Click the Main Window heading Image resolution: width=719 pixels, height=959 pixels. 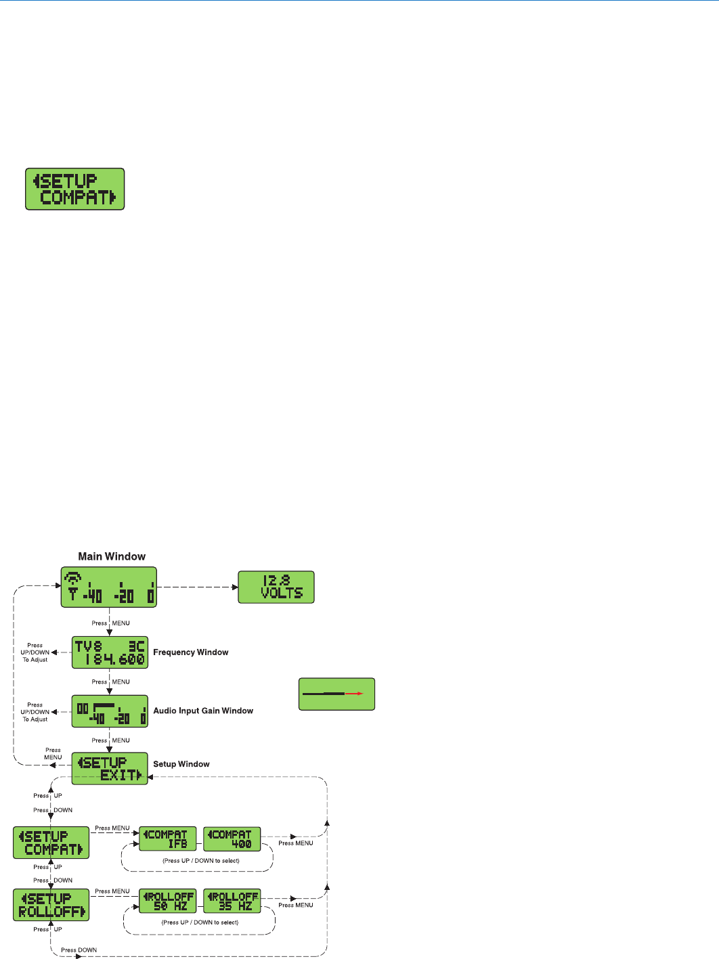click(112, 556)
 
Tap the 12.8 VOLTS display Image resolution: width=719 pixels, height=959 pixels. click(276, 587)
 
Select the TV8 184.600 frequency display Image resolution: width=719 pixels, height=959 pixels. click(110, 652)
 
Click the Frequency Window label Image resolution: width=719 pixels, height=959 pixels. click(190, 652)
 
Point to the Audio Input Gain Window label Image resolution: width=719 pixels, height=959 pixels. click(203, 711)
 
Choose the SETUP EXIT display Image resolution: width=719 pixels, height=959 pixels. click(110, 769)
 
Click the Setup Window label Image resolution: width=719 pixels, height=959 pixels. click(181, 764)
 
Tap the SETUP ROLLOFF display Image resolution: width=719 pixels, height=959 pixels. click(51, 905)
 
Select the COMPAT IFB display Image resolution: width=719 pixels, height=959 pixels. click(167, 839)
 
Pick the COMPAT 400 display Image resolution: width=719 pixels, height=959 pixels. click(232, 839)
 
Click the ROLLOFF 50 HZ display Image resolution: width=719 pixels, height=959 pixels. click(167, 901)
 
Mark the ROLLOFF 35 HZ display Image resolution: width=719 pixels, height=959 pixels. click(232, 901)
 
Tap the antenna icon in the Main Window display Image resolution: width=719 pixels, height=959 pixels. click(72, 585)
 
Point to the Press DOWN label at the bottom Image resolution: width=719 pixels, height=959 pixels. click(79, 950)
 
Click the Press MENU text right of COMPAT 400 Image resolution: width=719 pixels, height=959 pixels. click(296, 843)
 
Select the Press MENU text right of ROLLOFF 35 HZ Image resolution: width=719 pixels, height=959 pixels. click(296, 905)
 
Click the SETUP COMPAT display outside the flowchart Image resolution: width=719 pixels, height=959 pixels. click(75, 189)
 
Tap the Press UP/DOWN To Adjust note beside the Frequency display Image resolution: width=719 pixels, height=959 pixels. click(35, 652)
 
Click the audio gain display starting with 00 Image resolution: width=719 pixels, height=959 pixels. click(110, 711)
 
